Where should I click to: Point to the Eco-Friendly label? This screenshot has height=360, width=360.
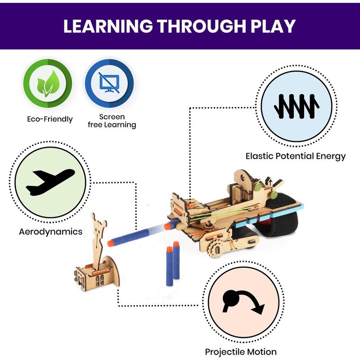pos(49,119)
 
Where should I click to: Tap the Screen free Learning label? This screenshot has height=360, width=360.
pos(112,121)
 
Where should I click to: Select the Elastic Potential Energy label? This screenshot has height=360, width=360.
pos(295,156)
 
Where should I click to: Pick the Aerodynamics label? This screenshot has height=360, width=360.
pos(50,232)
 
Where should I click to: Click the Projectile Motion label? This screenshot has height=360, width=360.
pos(241,351)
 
